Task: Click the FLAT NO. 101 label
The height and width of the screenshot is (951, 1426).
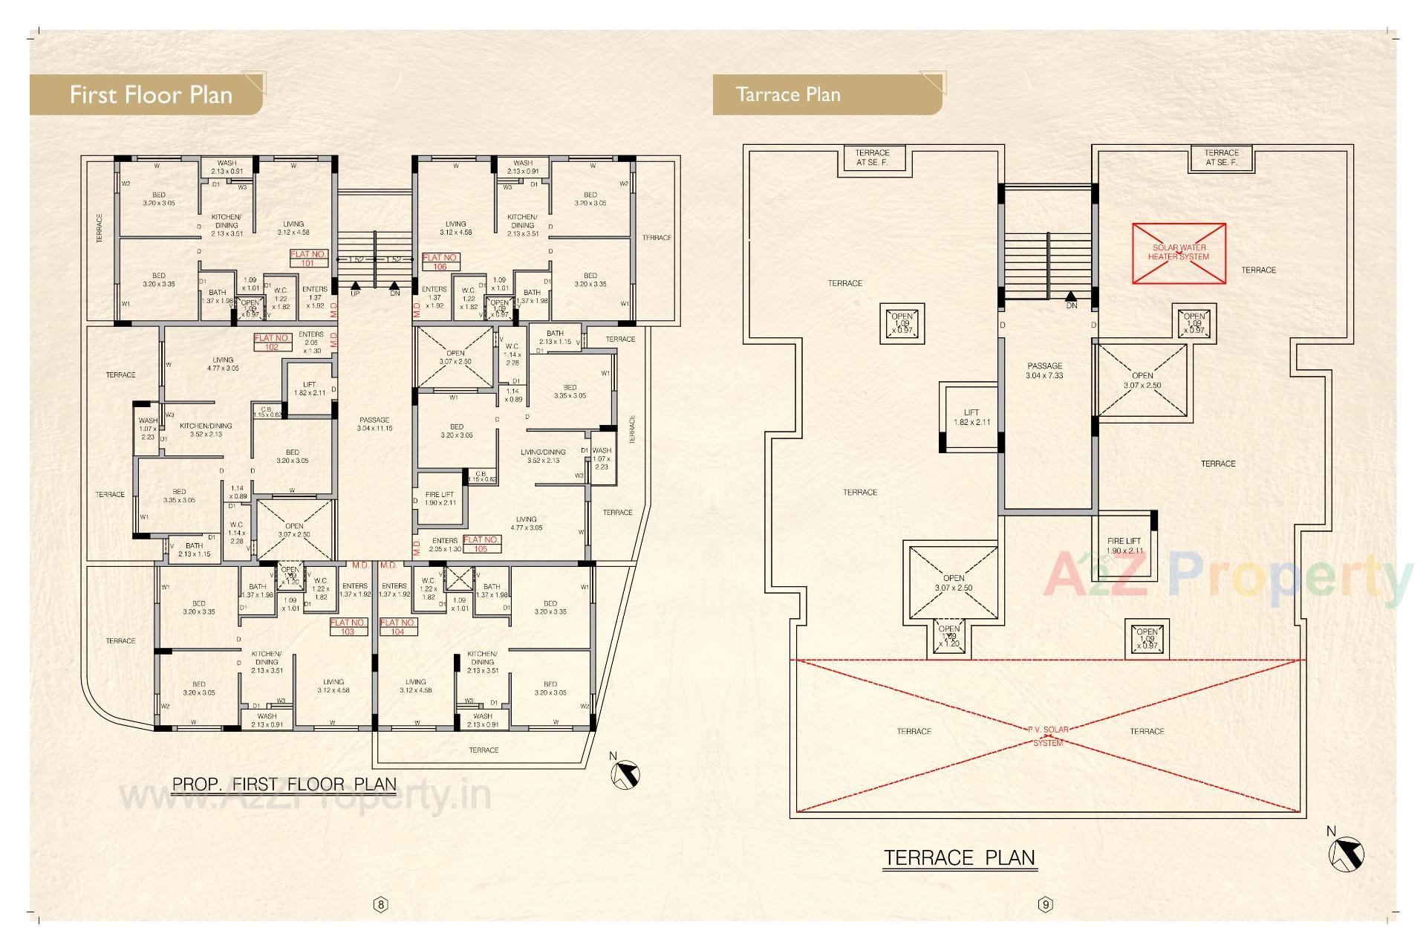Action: click(x=308, y=259)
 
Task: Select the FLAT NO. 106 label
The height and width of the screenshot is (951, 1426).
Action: click(x=440, y=262)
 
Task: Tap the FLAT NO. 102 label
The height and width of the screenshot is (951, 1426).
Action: click(x=272, y=342)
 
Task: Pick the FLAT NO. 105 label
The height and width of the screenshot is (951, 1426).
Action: click(x=481, y=544)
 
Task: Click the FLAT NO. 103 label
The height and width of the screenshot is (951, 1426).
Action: click(x=348, y=627)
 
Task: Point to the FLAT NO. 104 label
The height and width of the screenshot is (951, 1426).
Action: click(x=398, y=627)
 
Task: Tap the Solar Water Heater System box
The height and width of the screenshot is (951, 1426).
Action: click(x=1178, y=253)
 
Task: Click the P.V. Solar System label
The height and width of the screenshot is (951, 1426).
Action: click(x=1048, y=736)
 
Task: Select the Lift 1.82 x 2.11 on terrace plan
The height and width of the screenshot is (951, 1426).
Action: click(x=971, y=417)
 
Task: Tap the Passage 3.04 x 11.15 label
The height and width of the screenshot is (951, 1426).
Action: click(x=374, y=424)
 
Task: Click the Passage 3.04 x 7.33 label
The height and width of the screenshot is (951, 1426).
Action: click(x=1044, y=371)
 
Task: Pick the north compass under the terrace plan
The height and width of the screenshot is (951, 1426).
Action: click(x=1345, y=851)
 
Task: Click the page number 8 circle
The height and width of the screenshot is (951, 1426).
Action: click(x=381, y=904)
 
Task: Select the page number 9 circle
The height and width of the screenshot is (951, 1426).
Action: click(x=1046, y=904)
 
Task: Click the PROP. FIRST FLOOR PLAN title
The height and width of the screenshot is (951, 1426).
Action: click(x=284, y=784)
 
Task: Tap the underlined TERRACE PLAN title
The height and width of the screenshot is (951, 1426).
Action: click(x=960, y=857)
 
